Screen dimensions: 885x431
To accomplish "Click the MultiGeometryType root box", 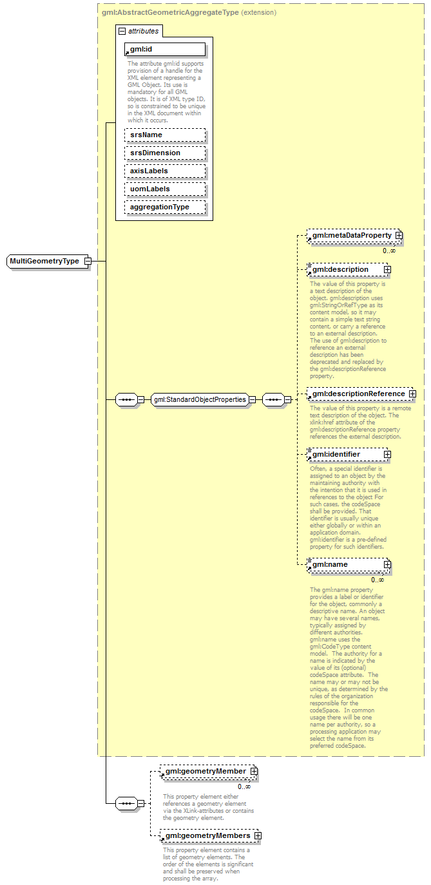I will pyautogui.click(x=44, y=261).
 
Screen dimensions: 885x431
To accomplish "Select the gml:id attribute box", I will pyautogui.click(x=165, y=49).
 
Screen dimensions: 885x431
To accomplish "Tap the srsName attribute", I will pyautogui.click(x=165, y=135).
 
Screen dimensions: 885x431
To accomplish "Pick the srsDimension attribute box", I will pyautogui.click(x=165, y=153).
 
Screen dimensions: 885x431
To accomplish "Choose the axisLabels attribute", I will pyautogui.click(x=165, y=171).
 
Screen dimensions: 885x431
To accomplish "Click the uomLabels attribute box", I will pyautogui.click(x=165, y=189).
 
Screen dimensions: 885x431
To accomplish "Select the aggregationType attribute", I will pyautogui.click(x=165, y=207).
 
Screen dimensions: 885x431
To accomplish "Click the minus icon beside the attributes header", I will pyautogui.click(x=121, y=30).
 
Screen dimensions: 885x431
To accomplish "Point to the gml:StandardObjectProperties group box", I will pyautogui.click(x=200, y=399).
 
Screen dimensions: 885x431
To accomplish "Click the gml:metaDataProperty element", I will pyautogui.click(x=351, y=236).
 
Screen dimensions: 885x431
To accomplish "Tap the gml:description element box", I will pyautogui.click(x=345, y=269).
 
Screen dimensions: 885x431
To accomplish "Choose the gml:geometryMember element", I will pyautogui.click(x=206, y=771).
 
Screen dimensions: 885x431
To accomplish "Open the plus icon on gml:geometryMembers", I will pyautogui.click(x=258, y=835).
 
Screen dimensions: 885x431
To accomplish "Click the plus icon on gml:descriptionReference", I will pyautogui.click(x=412, y=394).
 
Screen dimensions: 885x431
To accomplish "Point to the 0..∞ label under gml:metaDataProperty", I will pyautogui.click(x=389, y=251).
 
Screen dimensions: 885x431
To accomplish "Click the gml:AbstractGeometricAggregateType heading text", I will pyautogui.click(x=170, y=12).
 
